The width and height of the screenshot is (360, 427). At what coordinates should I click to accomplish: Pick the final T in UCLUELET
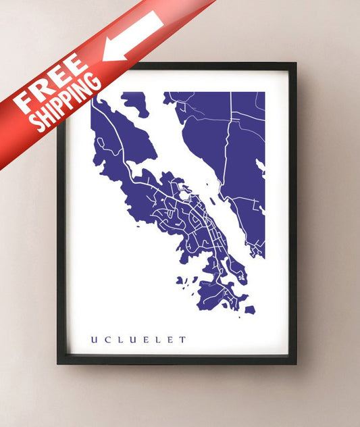(182, 339)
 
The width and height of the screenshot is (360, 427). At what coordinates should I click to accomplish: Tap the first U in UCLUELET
(93, 339)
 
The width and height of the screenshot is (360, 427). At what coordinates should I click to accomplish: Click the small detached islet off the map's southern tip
(249, 310)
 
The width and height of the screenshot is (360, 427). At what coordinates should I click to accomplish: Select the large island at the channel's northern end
(136, 103)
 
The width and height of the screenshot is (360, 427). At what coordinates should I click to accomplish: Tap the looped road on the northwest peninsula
(101, 145)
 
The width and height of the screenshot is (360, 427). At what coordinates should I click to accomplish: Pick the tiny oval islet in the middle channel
(212, 200)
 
